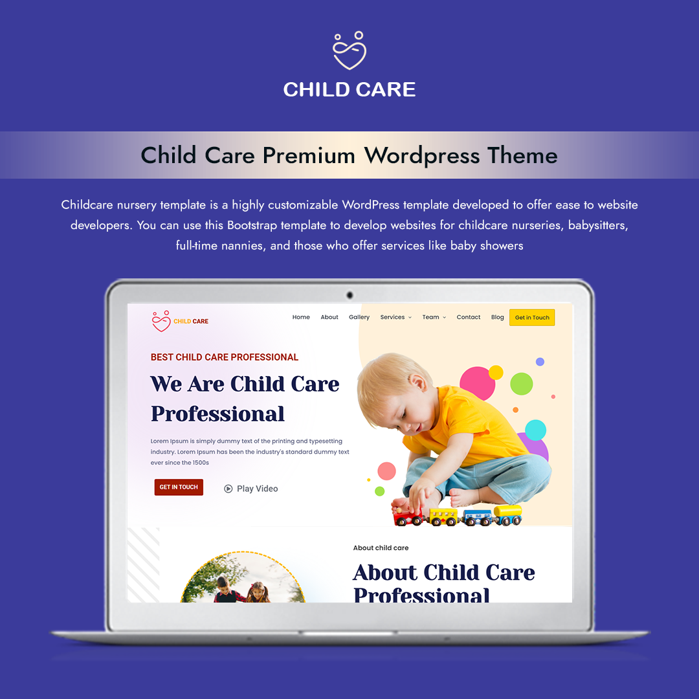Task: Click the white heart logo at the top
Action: tap(349, 50)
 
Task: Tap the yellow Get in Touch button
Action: tap(532, 317)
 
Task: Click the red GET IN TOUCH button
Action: tap(179, 487)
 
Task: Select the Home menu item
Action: tap(301, 317)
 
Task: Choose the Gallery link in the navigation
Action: tap(359, 317)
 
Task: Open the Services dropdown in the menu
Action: tap(396, 317)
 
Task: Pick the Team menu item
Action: tap(434, 317)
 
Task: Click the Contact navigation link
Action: tap(468, 317)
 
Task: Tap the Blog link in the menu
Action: tap(497, 317)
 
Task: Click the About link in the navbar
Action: tap(329, 317)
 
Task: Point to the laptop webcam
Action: tap(349, 294)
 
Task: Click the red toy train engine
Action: tap(406, 516)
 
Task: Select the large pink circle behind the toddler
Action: tap(477, 383)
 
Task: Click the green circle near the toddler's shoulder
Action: tap(521, 383)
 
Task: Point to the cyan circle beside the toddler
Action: tap(535, 430)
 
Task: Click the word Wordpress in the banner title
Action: tap(422, 155)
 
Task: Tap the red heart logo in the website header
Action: tap(161, 321)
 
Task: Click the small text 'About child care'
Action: tap(381, 548)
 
